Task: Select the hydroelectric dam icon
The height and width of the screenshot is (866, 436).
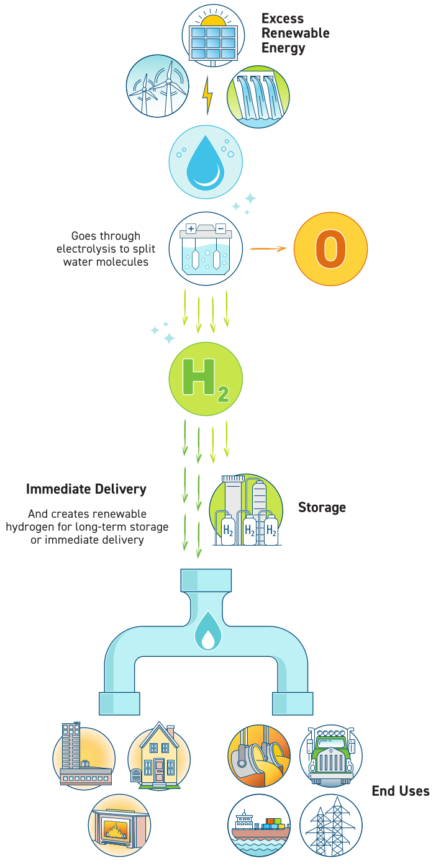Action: [258, 97]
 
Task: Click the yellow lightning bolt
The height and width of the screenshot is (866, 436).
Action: [207, 96]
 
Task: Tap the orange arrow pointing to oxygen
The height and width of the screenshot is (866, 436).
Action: [268, 248]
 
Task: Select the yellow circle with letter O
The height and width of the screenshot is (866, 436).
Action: [330, 248]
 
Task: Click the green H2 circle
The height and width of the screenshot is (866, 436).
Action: [206, 379]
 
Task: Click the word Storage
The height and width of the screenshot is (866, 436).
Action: [322, 507]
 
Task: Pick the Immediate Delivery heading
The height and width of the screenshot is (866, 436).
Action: [86, 489]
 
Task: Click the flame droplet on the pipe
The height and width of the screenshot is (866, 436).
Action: [206, 633]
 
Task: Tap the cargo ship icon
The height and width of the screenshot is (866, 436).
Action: [259, 826]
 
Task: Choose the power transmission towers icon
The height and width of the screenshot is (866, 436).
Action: [330, 826]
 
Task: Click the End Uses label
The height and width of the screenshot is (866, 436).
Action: [401, 791]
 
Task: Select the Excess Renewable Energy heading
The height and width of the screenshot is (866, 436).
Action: [296, 33]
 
